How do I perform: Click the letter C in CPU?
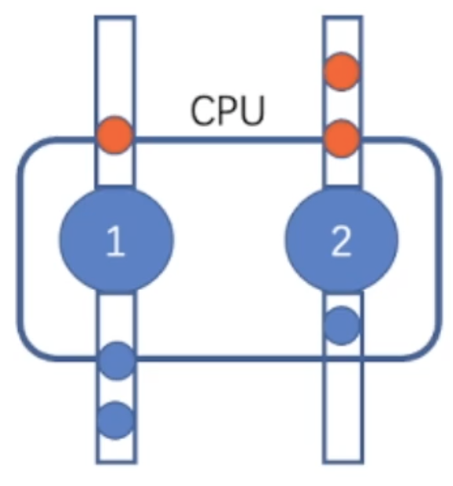tap(203, 110)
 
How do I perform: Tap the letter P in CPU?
tap(228, 110)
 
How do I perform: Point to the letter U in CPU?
tap(252, 111)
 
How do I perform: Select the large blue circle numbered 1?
tap(116, 240)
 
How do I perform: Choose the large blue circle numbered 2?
tap(342, 240)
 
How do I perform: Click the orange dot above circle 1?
tap(115, 135)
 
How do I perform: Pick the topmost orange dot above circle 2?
tap(342, 71)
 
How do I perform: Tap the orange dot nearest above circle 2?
tap(342, 139)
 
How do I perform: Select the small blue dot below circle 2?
tap(342, 326)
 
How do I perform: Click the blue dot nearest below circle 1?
tap(117, 361)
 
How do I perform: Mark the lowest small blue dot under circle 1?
tap(115, 421)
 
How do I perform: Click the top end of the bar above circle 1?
tap(115, 17)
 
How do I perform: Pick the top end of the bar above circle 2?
tap(342, 17)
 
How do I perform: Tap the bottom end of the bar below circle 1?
tap(116, 462)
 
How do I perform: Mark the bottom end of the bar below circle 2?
tap(343, 462)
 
